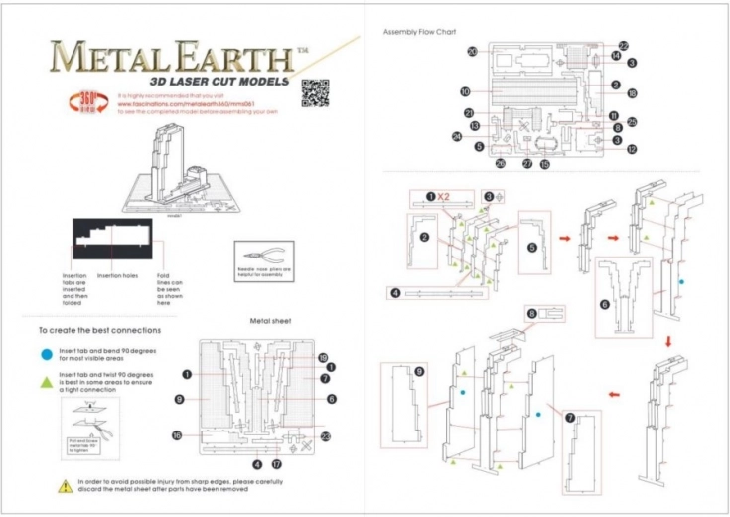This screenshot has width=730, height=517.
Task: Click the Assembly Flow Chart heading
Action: coord(419,33)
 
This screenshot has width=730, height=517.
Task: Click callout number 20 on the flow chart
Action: coord(473,51)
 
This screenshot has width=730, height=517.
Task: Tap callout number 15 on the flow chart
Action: coord(544,164)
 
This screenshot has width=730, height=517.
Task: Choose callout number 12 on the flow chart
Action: coord(631,150)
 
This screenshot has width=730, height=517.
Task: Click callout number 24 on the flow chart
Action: coord(457,137)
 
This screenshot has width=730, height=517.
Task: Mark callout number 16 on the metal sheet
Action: coord(176,435)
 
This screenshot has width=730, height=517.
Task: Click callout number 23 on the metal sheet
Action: coord(325,435)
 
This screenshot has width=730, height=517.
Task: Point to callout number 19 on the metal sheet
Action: coord(323,357)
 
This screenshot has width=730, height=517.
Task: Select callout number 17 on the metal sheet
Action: coord(277,463)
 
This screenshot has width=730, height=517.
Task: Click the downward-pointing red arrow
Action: coord(668,341)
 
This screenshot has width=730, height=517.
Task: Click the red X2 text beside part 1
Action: coord(444,197)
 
